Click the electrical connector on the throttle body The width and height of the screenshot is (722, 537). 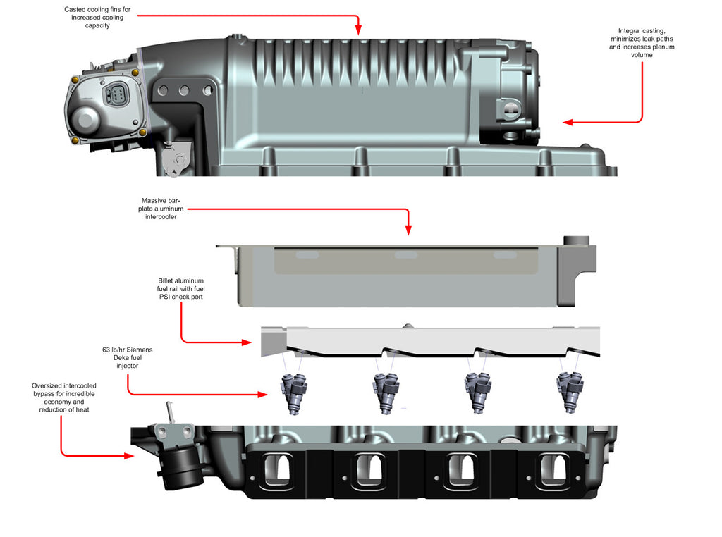pyautogui.click(x=114, y=97)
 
